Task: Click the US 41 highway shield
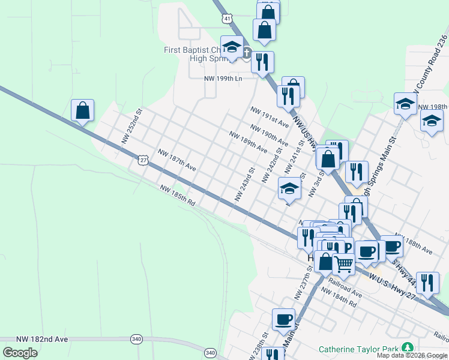pyautogui.click(x=226, y=19)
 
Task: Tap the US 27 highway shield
pyautogui.click(x=142, y=160)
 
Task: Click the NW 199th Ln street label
pyautogui.click(x=223, y=79)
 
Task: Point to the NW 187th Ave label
pyautogui.click(x=177, y=160)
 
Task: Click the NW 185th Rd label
pyautogui.click(x=178, y=196)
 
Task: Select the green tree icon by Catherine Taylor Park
pyautogui.click(x=408, y=347)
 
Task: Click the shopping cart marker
pyautogui.click(x=343, y=263)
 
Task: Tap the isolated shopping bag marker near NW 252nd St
pyautogui.click(x=83, y=110)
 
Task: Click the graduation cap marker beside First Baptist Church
pyautogui.click(x=232, y=47)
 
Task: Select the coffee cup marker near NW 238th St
pyautogui.click(x=283, y=319)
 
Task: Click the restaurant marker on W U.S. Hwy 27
pyautogui.click(x=427, y=282)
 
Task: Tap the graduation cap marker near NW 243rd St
pyautogui.click(x=289, y=190)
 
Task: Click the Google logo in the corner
pyautogui.click(x=20, y=352)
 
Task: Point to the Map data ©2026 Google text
pyautogui.click(x=412, y=355)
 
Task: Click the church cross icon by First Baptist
pyautogui.click(x=247, y=54)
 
